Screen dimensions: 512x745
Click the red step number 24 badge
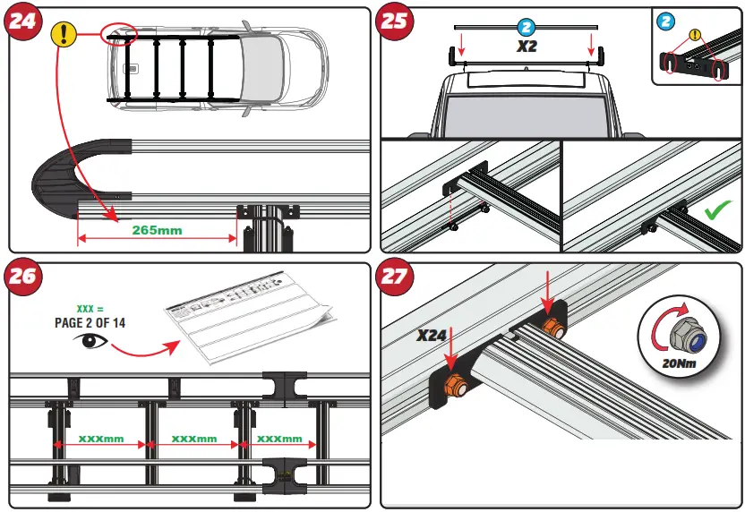pos(25,21)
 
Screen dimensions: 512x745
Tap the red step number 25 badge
pos(397,21)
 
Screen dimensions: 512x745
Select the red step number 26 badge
pos(25,277)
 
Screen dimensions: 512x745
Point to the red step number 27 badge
pos(397,277)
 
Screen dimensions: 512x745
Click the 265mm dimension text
pos(157,229)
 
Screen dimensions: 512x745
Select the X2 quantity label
pos(527,47)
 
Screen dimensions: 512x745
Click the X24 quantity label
pos(433,337)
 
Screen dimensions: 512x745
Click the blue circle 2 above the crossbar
pos(527,28)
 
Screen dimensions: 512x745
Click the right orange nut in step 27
pos(552,328)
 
